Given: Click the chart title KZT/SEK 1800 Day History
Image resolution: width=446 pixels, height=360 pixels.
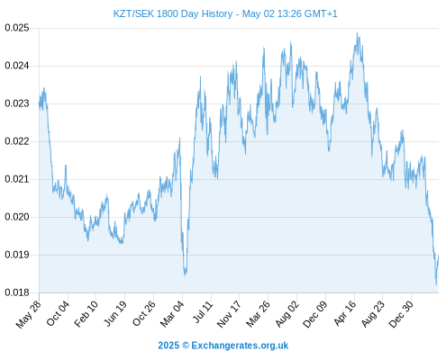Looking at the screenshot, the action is pyautogui.click(x=173, y=13).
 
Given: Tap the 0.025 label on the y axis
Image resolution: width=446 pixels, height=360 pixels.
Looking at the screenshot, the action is pyautogui.click(x=17, y=28).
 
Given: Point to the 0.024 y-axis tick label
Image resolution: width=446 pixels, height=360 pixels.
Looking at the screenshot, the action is pyautogui.click(x=17, y=66).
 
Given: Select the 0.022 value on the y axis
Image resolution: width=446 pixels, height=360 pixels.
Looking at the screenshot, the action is pyautogui.click(x=17, y=141).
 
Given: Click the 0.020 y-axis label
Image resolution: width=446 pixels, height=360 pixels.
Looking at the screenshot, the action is pyautogui.click(x=17, y=217).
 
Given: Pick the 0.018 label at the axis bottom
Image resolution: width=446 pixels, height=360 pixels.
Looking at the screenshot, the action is pyautogui.click(x=17, y=292).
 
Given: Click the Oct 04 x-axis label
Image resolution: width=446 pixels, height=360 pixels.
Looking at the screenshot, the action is pyautogui.click(x=58, y=313).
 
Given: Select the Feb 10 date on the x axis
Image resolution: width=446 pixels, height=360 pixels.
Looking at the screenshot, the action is pyautogui.click(x=86, y=313).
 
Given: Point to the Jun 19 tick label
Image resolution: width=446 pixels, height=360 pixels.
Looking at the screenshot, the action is pyautogui.click(x=115, y=313).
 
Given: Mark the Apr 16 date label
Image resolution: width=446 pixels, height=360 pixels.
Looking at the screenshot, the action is pyautogui.click(x=345, y=313).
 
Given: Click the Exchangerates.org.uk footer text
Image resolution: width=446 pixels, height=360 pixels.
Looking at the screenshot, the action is pyautogui.click(x=240, y=346).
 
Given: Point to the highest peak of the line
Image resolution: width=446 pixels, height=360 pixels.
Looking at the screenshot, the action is pyautogui.click(x=357, y=32).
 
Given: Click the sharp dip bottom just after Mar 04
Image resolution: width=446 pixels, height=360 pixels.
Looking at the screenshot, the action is pyautogui.click(x=185, y=274).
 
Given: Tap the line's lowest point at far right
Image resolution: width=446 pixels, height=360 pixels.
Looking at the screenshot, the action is pyautogui.click(x=436, y=284).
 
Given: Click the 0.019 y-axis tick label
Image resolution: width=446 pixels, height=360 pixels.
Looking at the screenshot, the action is pyautogui.click(x=17, y=255).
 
